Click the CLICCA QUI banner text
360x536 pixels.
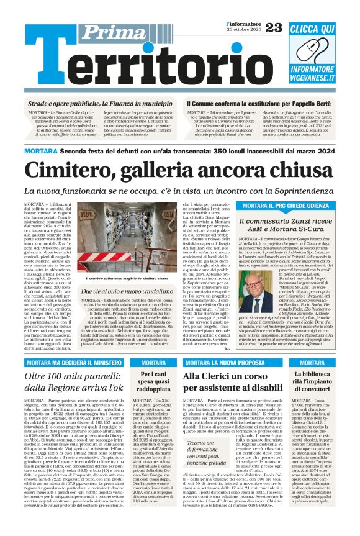click(x=313, y=29)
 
